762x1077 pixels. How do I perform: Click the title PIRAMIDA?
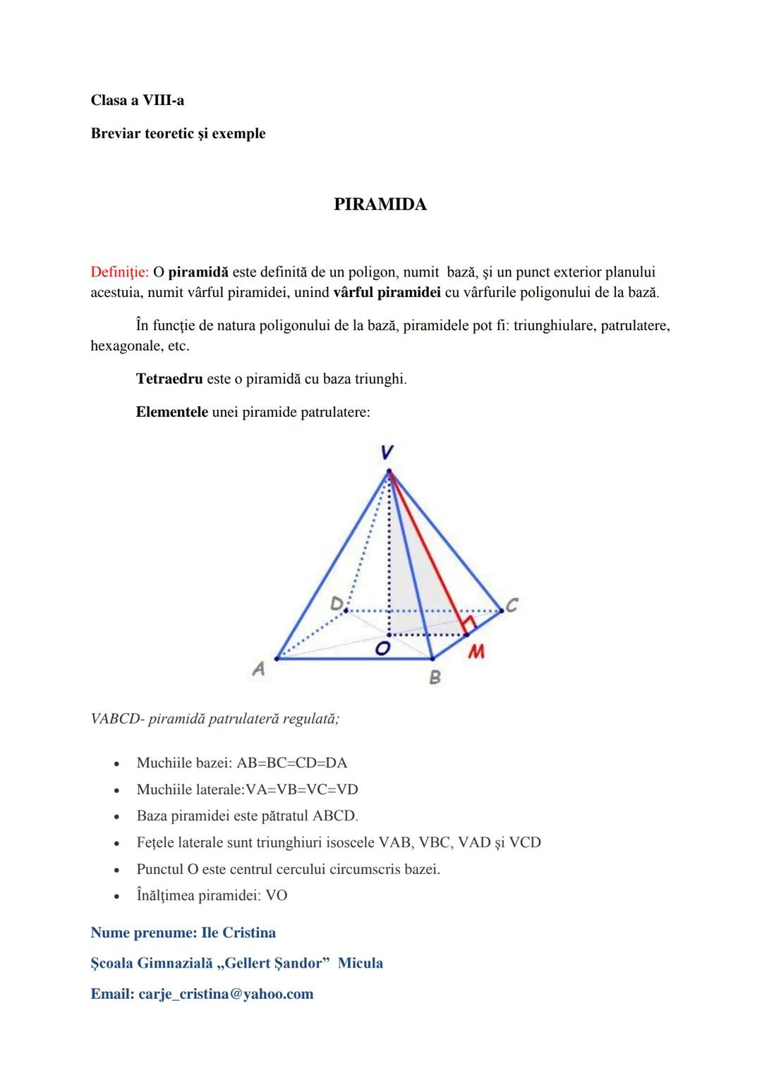coord(380,205)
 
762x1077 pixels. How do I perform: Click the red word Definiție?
coord(119,272)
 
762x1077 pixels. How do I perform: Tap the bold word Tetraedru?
coord(169,379)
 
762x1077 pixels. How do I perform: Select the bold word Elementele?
coord(171,412)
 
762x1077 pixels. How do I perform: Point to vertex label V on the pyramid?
coord(387,452)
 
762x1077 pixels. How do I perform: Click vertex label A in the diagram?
coord(259,669)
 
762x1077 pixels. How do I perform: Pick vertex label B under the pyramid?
coord(435,677)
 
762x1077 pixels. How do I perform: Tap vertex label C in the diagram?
coord(512,605)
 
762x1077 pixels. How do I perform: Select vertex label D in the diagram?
coord(337,604)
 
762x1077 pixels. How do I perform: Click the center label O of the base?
coord(382,649)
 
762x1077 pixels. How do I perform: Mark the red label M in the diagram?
coord(476,652)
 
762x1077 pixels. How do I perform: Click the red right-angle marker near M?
coord(468,623)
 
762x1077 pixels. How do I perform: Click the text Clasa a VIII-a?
coord(138,100)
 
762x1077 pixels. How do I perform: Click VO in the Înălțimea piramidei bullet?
coord(276,895)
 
